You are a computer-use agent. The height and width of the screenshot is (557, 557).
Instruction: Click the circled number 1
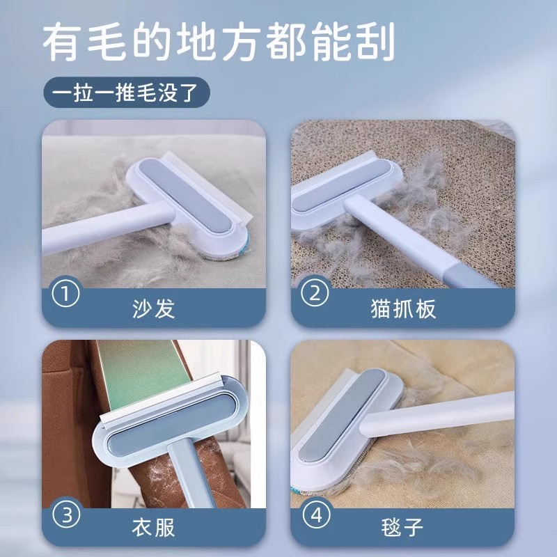pyautogui.click(x=66, y=294)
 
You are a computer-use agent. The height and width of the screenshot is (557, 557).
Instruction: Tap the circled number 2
pyautogui.click(x=313, y=294)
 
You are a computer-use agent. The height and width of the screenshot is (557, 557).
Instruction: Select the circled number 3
pyautogui.click(x=66, y=517)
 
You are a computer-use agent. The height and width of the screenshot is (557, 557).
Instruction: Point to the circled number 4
pyautogui.click(x=315, y=517)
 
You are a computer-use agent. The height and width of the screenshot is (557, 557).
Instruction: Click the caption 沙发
pyautogui.click(x=153, y=308)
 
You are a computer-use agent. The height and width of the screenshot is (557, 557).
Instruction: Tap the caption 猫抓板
pyautogui.click(x=404, y=308)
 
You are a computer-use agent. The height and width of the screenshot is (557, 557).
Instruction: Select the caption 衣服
pyautogui.click(x=153, y=527)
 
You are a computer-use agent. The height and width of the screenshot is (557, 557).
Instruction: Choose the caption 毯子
pyautogui.click(x=404, y=527)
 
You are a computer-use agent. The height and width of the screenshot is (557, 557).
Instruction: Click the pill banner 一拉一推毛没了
pyautogui.click(x=125, y=93)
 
